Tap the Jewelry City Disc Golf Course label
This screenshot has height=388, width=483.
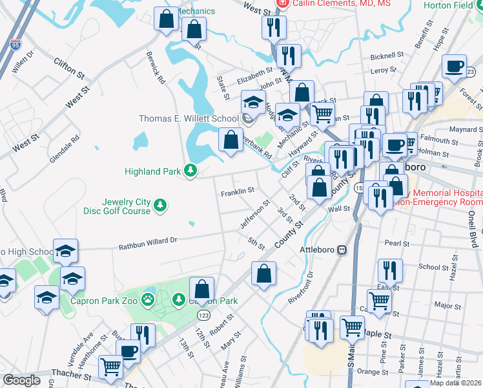pyautogui.click(x=117, y=206)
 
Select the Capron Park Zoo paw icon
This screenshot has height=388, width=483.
pyautogui.click(x=149, y=299)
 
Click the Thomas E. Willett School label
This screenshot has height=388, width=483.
pyautogui.click(x=189, y=118)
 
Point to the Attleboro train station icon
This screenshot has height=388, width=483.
pyautogui.click(x=342, y=250)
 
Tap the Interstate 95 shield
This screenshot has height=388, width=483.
pyautogui.click(x=15, y=45)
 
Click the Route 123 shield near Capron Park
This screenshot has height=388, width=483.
pyautogui.click(x=204, y=314)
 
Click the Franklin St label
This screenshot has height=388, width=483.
pyautogui.click(x=237, y=192)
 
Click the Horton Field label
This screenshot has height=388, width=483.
pyautogui.click(x=453, y=5)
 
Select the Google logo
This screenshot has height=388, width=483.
pyautogui.click(x=21, y=380)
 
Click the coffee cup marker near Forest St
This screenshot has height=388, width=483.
pyautogui.click(x=455, y=67)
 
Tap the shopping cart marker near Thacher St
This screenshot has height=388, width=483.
pyautogui.click(x=111, y=367)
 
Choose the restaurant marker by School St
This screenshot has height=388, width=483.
pyautogui.click(x=390, y=270)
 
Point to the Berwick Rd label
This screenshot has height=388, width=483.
pyautogui.click(x=156, y=67)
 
